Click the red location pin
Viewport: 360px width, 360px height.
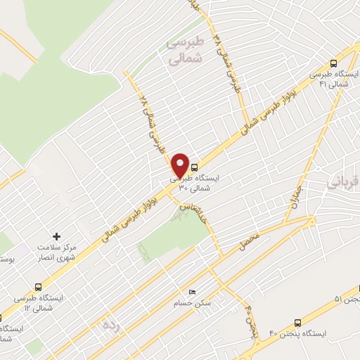click(181, 165)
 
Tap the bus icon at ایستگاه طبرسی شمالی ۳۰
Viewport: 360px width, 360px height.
click(193, 167)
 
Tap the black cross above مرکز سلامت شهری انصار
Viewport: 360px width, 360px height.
click(57, 236)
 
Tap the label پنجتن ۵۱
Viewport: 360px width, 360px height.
click(347, 300)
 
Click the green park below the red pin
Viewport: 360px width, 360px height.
click(176, 232)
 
